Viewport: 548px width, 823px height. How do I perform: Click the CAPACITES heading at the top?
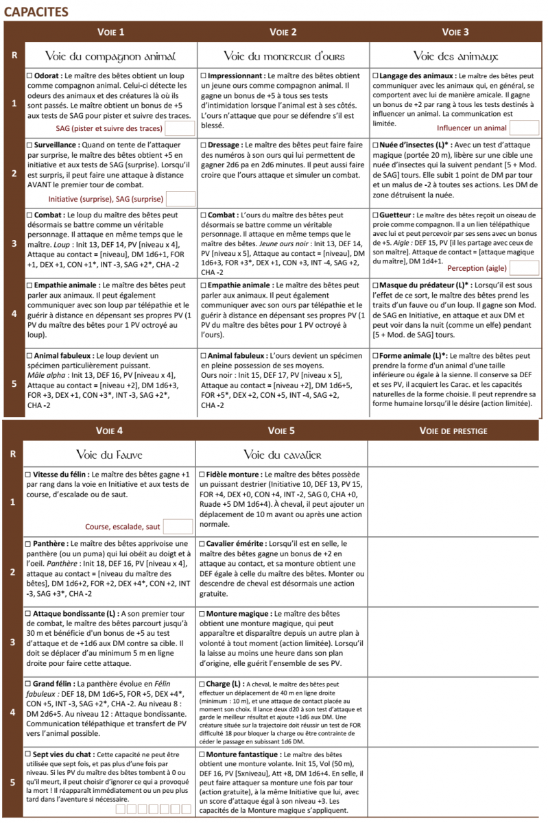(x=36, y=12)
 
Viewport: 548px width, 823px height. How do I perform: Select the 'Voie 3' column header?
(x=455, y=32)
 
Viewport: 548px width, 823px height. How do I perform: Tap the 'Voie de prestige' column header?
(x=453, y=431)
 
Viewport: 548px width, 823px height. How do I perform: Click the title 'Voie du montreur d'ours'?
(x=284, y=56)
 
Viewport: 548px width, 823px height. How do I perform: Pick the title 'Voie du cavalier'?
(x=283, y=455)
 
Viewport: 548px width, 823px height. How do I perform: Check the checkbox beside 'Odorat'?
(x=29, y=74)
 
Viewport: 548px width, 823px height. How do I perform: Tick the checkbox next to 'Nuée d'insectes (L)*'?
(x=374, y=145)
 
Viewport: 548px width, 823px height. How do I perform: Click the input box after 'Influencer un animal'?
(x=524, y=128)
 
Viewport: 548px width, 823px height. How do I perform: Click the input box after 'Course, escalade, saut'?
(x=178, y=527)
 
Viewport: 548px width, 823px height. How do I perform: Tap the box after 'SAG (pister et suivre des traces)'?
(x=180, y=128)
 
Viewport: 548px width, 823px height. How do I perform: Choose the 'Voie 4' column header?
(x=110, y=431)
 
